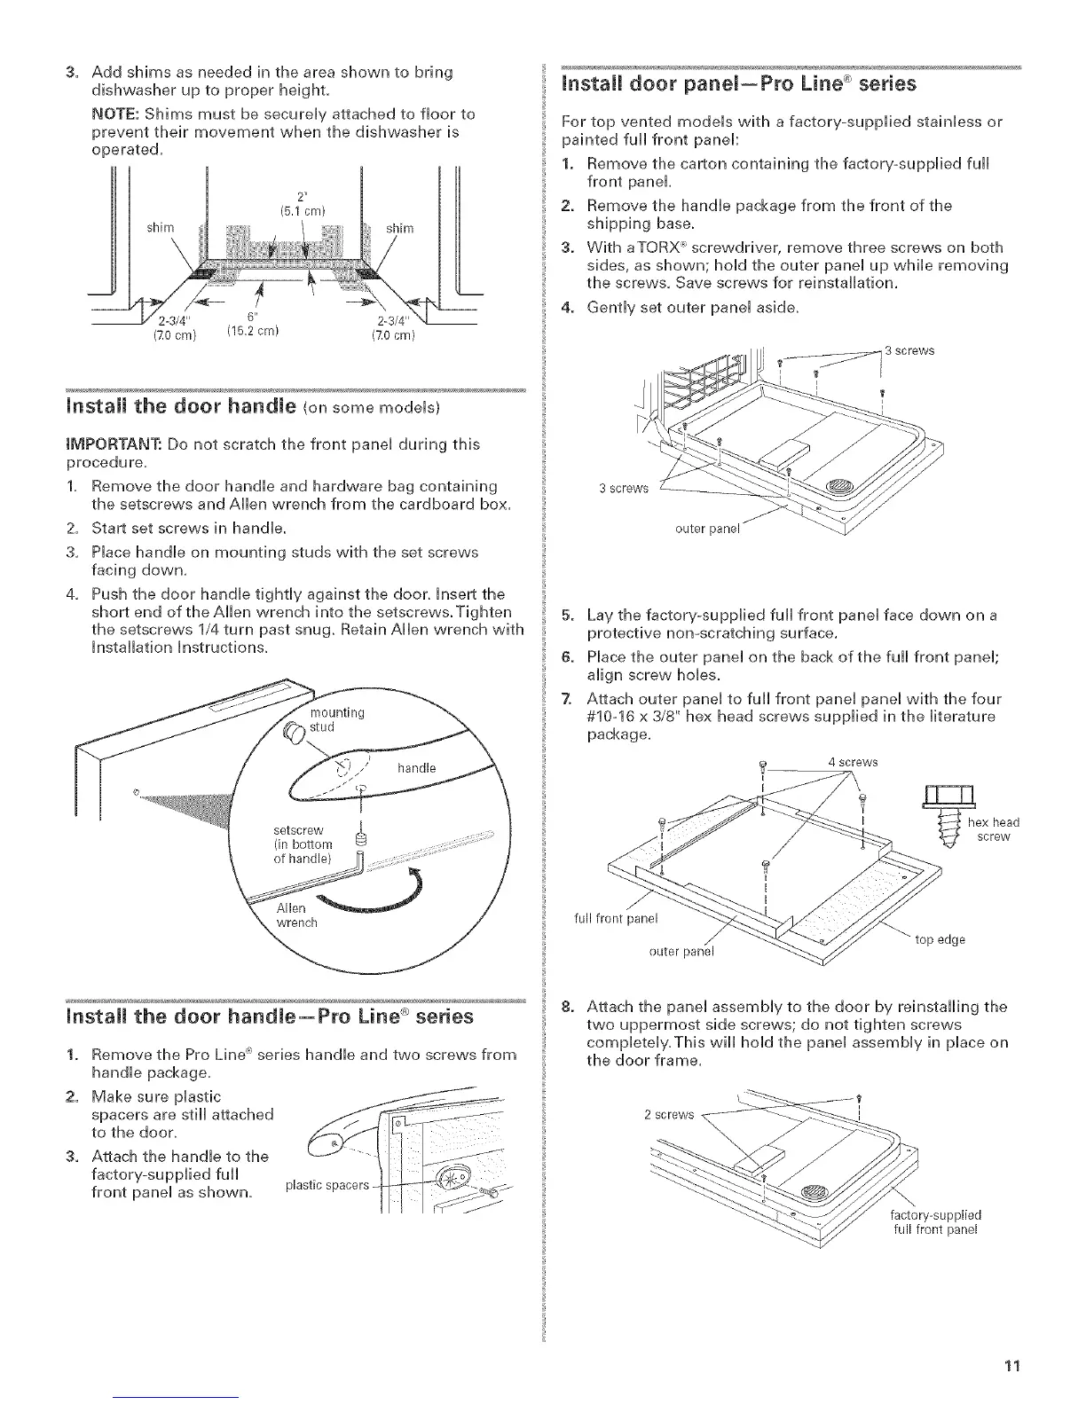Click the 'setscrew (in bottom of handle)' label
click(303, 844)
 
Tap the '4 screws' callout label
click(853, 761)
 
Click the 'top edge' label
click(940, 939)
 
